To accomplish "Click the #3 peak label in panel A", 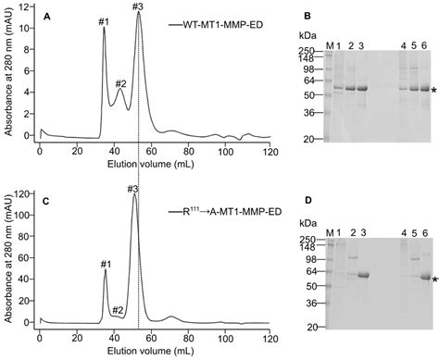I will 138,7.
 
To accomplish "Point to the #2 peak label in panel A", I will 120,84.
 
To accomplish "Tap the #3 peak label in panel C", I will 134,189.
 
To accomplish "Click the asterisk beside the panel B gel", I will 433,91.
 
